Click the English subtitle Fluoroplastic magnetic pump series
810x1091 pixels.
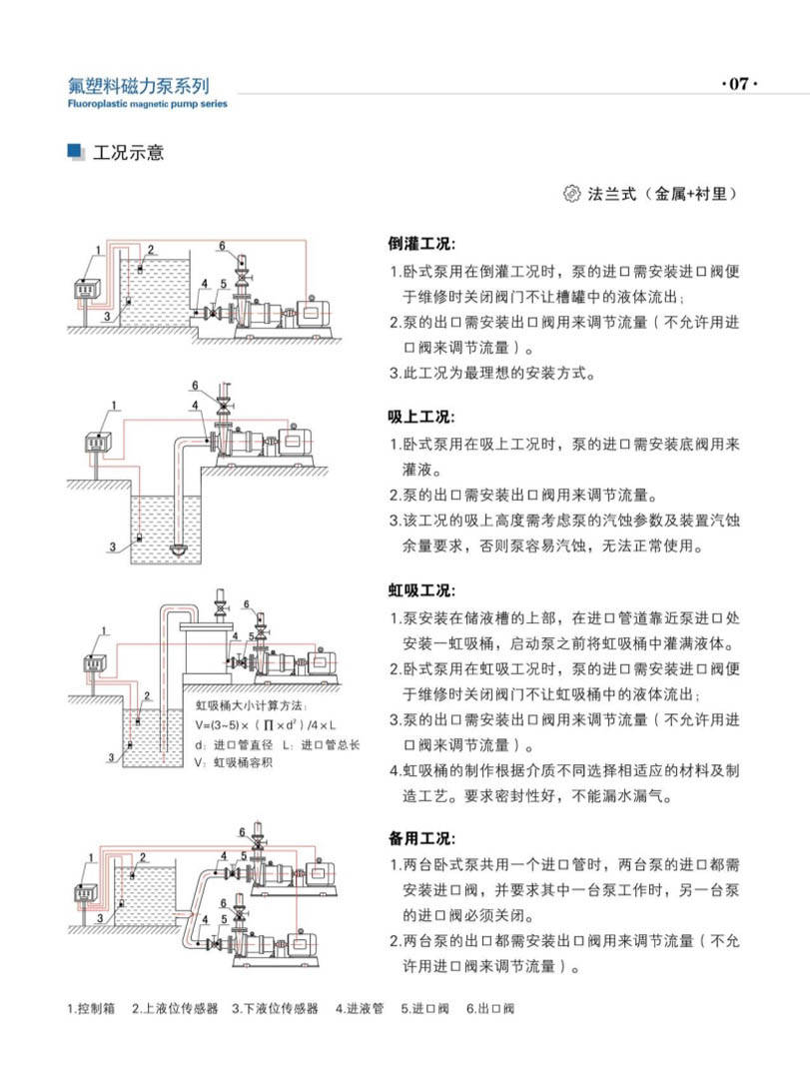pos(148,104)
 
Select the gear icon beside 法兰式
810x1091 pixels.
pos(572,193)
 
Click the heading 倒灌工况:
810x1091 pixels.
pos(420,244)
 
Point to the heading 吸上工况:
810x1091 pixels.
pos(420,417)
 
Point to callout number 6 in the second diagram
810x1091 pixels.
pos(196,385)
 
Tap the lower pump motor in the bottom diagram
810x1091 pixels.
pos(300,941)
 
